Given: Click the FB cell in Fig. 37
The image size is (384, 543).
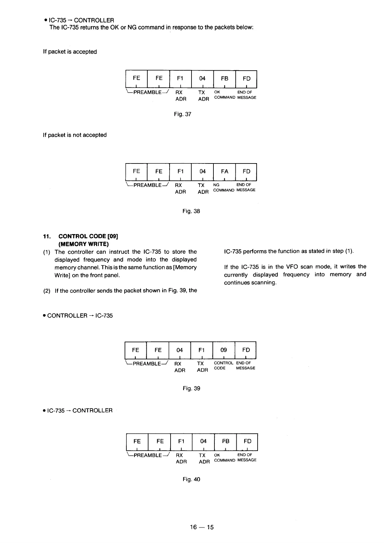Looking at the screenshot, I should point(225,79).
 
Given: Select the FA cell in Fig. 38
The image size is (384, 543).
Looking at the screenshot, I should point(225,172).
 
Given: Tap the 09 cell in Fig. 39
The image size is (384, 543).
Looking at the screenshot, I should point(224,350).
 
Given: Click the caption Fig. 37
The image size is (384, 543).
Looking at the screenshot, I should point(182,114).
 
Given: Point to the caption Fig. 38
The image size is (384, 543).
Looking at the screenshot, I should point(191,211).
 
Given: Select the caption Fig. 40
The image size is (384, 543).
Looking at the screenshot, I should point(191,479).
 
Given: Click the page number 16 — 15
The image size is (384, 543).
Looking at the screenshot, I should point(202,528).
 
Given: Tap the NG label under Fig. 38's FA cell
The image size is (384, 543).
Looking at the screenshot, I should point(216,185).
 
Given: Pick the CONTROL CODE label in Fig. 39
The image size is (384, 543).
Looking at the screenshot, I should point(223,366).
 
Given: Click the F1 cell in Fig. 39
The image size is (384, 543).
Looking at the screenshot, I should point(202,350).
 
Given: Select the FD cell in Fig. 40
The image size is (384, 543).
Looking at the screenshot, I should point(248,441).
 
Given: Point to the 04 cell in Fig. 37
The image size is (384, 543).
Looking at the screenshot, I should point(202,79).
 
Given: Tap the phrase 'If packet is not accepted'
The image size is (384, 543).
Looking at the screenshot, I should point(75,135).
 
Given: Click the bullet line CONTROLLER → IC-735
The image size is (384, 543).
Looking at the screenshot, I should point(80,316).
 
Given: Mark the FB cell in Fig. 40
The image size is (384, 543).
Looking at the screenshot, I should point(225,441).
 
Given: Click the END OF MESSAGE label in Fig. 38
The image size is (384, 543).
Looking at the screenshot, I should point(246,188).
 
